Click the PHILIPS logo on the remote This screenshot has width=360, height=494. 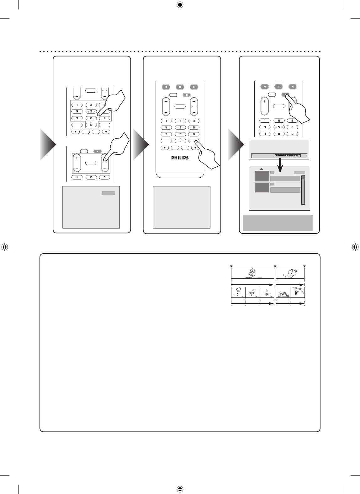click(180, 158)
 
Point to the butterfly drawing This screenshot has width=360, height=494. click(292, 273)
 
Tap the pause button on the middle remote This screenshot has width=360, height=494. click(180, 87)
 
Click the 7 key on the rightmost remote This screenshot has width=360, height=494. click(265, 134)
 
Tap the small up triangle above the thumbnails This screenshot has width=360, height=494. click(261, 169)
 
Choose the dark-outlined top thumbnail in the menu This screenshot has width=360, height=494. click(262, 176)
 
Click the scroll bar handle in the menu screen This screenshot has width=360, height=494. click(303, 178)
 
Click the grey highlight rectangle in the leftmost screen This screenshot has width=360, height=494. click(108, 193)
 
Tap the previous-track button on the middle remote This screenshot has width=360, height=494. click(166, 87)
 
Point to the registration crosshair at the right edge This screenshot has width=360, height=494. click(355, 247)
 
